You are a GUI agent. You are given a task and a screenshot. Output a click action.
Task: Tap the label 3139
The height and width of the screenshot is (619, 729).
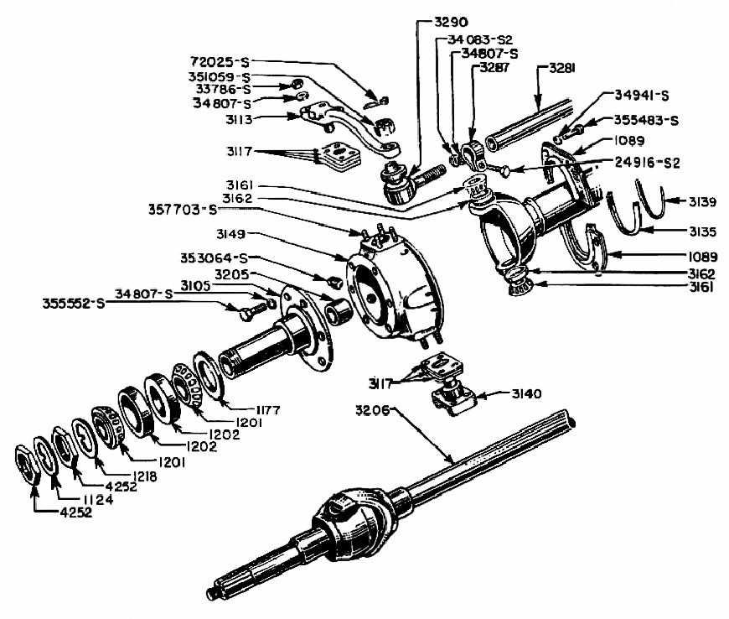tap(697, 202)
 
